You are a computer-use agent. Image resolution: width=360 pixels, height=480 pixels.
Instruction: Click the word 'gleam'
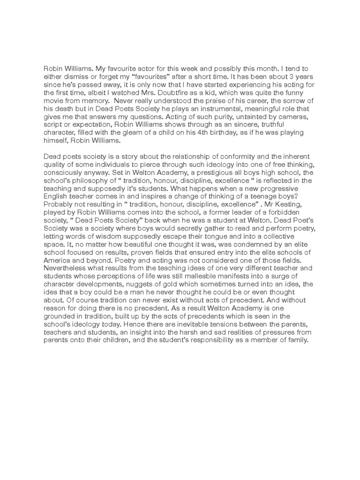click(149, 133)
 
